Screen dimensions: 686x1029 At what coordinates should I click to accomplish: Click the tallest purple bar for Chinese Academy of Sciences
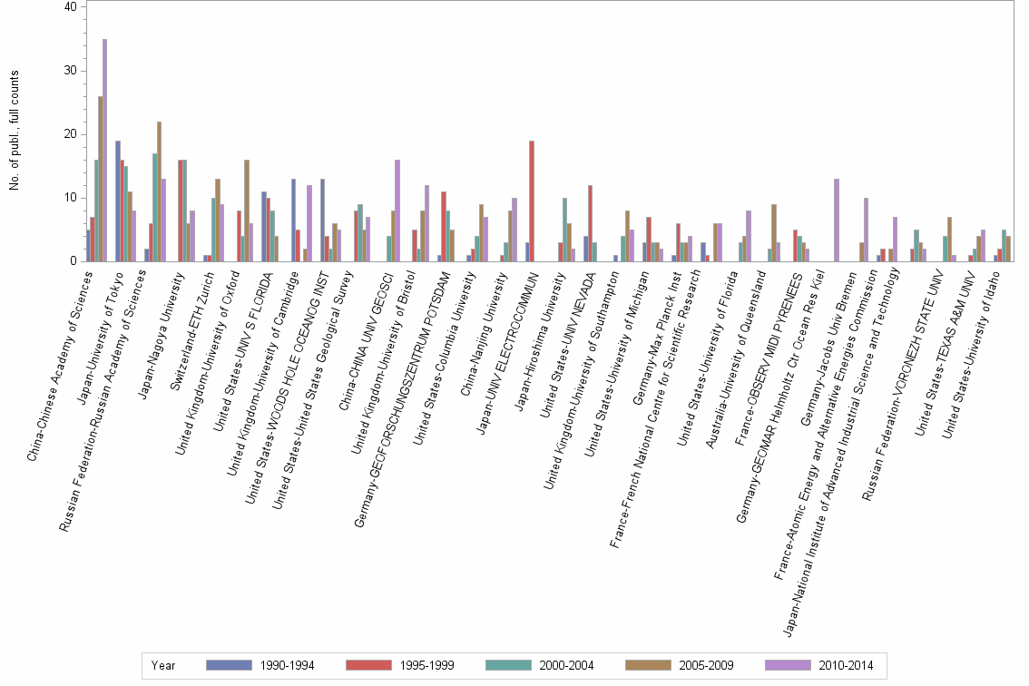pos(105,150)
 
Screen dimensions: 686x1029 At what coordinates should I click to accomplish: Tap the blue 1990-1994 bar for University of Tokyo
pos(118,201)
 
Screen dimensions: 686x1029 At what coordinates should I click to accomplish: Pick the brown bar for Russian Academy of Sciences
pos(159,191)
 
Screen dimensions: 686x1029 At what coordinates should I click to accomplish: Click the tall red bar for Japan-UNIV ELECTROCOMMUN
pos(532,201)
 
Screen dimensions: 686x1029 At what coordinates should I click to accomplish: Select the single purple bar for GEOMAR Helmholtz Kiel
pos(836,220)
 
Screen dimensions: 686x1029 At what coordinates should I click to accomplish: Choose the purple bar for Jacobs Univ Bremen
pos(866,230)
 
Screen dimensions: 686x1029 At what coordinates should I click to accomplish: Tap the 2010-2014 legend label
pos(846,665)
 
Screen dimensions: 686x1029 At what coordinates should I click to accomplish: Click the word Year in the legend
pos(164,665)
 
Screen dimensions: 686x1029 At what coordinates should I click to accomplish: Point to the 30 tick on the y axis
pos(76,71)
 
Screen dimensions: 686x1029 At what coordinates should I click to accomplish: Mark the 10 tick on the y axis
pos(76,198)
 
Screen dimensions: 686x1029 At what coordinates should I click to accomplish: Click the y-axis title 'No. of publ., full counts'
pos(14,132)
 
